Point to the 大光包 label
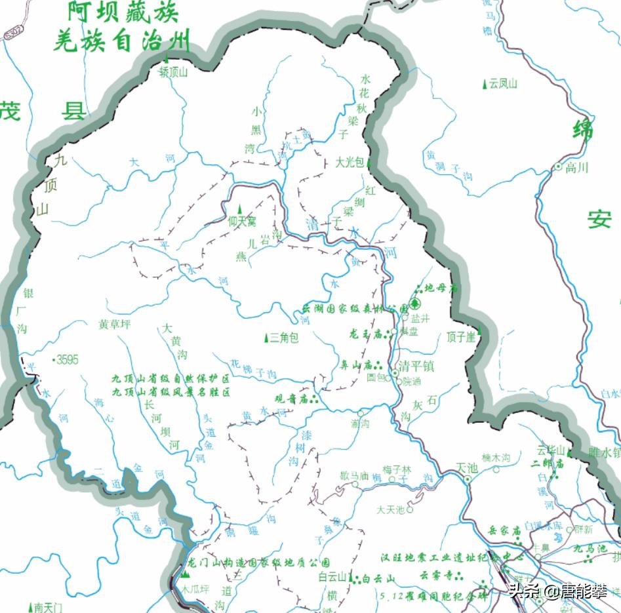(x=349, y=162)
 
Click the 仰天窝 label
(x=242, y=222)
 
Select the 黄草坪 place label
(x=115, y=324)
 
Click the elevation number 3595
(x=67, y=359)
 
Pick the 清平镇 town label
(x=416, y=366)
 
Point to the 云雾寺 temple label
(x=437, y=575)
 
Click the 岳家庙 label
(x=504, y=530)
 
